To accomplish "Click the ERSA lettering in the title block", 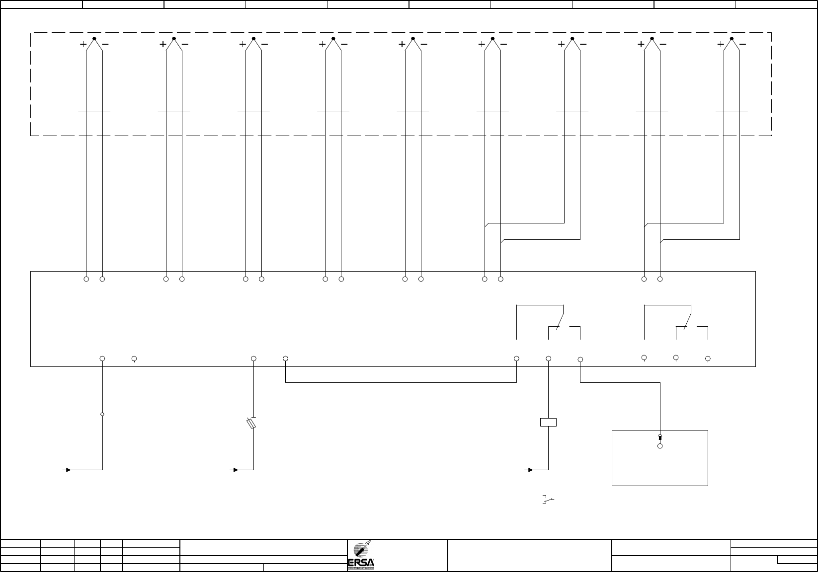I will coord(361,563).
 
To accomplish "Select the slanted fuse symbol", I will coord(251,424).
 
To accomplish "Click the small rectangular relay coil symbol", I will coord(548,422).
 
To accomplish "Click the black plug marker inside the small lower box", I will coord(660,437).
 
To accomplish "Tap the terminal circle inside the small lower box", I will coord(660,446).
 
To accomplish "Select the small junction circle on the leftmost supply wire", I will coord(102,414).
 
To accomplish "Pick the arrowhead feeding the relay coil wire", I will coord(531,469).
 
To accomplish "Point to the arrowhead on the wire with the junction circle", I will coord(68,469).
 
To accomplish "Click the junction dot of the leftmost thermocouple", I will coord(94,38).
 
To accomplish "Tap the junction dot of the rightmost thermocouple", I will coord(732,38).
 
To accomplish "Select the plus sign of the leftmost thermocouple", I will coord(83,44).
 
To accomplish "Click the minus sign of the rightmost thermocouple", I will coord(742,44).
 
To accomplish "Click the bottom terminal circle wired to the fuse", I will coord(253,358).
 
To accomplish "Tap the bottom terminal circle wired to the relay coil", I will coord(549,358).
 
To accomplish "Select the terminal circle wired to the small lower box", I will coord(580,359).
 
